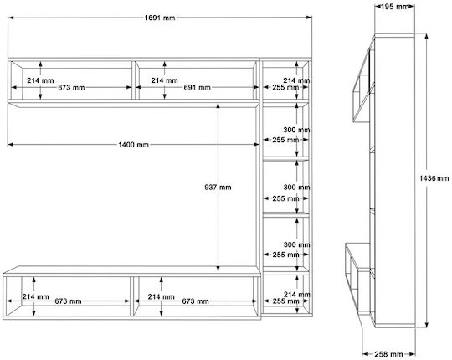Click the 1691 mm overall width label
160,18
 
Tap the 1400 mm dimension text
133,144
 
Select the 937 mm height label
218,188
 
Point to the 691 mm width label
198,87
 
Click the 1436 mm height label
434,178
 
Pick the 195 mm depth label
394,7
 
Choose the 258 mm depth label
388,354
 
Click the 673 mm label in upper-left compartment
71,87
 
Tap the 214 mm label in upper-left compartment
40,80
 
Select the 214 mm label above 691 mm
164,80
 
